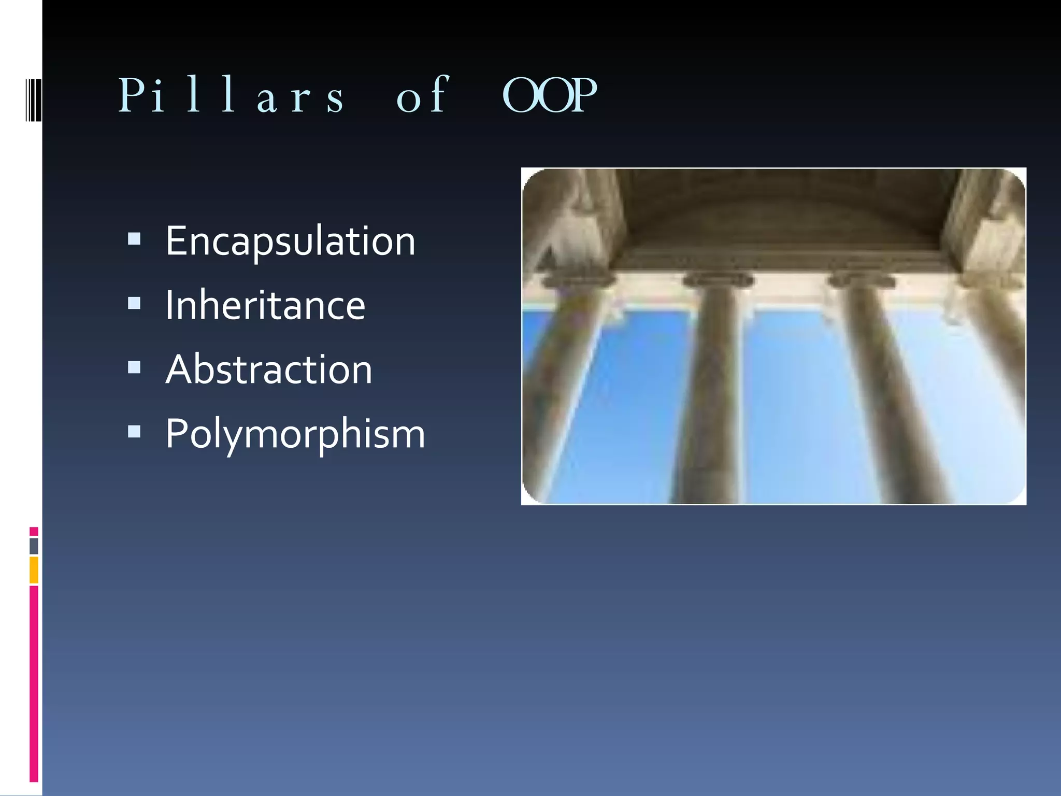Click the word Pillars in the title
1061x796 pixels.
point(231,96)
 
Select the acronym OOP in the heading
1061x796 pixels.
point(550,96)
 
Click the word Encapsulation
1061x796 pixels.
point(290,241)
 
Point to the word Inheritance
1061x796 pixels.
point(265,305)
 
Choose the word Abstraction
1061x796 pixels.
point(269,369)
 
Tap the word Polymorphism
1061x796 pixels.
point(295,434)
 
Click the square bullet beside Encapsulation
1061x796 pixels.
point(134,238)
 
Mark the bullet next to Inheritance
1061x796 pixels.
point(134,303)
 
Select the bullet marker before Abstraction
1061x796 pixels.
point(134,367)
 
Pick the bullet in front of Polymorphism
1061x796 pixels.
point(134,431)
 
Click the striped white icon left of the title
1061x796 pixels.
point(33,99)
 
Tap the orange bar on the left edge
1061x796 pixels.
point(34,570)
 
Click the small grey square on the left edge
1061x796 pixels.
point(34,546)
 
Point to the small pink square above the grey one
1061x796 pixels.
point(34,532)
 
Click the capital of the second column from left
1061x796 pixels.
point(718,280)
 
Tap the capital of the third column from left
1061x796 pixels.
point(861,280)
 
